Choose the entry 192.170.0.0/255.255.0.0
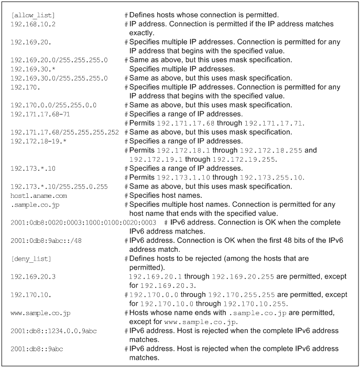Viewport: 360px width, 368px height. (53, 105)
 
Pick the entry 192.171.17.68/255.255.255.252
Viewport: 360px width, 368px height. (65, 131)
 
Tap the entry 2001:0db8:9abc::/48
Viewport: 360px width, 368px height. (46, 240)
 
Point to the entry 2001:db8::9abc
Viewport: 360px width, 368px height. (39, 349)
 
